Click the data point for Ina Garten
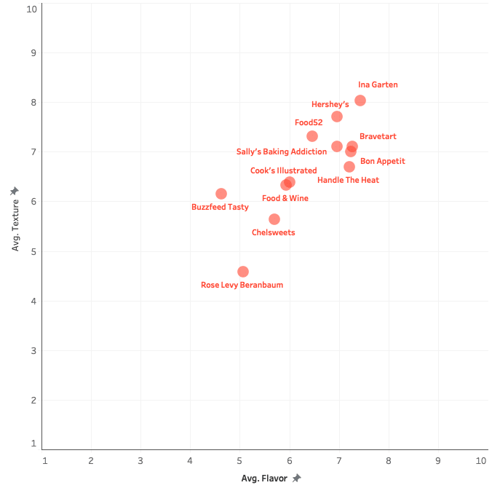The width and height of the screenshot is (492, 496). click(360, 101)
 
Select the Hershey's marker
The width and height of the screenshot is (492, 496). click(337, 117)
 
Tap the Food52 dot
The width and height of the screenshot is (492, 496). click(312, 136)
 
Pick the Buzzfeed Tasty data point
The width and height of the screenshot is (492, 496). click(221, 194)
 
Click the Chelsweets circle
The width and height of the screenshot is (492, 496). click(274, 219)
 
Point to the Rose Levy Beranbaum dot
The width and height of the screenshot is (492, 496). click(243, 272)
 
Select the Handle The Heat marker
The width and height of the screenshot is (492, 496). click(349, 167)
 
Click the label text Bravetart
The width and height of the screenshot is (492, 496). click(378, 136)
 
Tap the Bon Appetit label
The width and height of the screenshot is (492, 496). click(382, 161)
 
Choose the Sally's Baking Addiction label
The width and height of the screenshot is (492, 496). click(282, 152)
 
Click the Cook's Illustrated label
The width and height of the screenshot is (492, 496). click(283, 170)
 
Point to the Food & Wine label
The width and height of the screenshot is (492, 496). click(285, 198)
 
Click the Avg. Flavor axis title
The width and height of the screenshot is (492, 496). click(265, 479)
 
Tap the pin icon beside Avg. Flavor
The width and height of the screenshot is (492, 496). click(296, 479)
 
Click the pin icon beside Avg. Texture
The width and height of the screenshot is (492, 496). click(15, 191)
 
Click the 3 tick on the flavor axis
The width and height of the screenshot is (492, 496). click(140, 460)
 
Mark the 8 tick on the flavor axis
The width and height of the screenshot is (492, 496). click(389, 460)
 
